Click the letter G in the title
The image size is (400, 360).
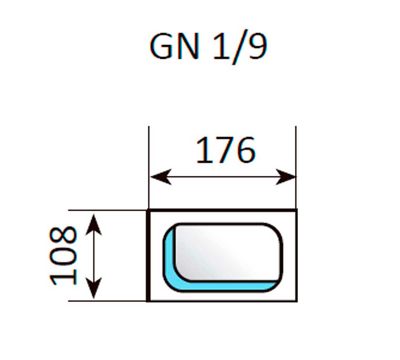pos(163,47)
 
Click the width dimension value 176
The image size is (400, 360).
pos(226,151)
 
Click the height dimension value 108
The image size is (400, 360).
pos(63,256)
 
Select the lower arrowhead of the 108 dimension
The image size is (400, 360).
pos(94,288)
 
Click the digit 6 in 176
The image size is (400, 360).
pos(245,151)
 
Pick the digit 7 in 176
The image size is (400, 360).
pos(225,151)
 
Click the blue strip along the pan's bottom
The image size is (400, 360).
pos(227,286)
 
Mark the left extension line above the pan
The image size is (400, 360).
pos(149,150)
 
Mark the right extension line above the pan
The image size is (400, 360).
pos(296,150)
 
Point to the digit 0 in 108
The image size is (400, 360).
pos(63,256)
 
